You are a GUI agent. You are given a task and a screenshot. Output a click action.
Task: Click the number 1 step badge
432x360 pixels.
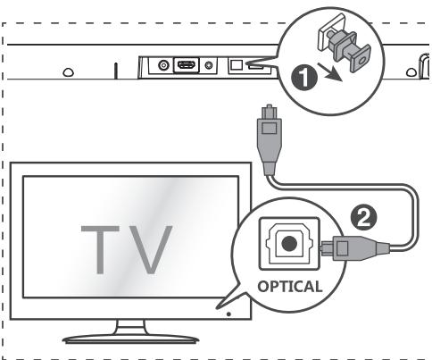pyautogui.click(x=304, y=78)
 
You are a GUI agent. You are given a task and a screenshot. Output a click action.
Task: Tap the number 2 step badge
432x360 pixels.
pyautogui.click(x=363, y=218)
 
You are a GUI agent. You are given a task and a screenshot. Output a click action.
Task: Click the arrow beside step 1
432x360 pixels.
pyautogui.click(x=329, y=72)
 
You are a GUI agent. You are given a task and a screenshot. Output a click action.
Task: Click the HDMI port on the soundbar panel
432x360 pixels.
pyautogui.click(x=187, y=65)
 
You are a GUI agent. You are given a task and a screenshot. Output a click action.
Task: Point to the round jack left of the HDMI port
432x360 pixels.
pyautogui.click(x=163, y=65)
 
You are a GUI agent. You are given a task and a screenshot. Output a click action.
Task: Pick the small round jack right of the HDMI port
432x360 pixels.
pyautogui.click(x=209, y=65)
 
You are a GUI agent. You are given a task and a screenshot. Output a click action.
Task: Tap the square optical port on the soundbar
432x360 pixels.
pyautogui.click(x=237, y=64)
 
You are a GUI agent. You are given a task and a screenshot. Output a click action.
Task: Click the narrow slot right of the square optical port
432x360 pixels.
pyautogui.click(x=256, y=67)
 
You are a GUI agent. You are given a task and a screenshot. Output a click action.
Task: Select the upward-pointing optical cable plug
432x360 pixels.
pyautogui.click(x=269, y=138)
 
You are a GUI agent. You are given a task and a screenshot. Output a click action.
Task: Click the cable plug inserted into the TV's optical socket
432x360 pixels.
pyautogui.click(x=355, y=247)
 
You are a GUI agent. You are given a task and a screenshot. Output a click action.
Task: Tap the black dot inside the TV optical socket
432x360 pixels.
pyautogui.click(x=289, y=244)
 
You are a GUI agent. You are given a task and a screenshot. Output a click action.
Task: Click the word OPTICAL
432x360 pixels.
pyautogui.click(x=290, y=287)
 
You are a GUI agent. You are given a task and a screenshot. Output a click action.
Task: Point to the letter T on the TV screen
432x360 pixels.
pyautogui.click(x=100, y=249)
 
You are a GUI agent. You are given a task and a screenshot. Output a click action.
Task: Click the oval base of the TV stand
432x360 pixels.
pyautogui.click(x=130, y=339)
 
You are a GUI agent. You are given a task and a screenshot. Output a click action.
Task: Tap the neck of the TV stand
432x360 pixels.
pyautogui.click(x=131, y=327)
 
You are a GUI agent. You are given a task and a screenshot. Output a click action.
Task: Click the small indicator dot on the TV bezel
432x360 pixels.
pyautogui.click(x=228, y=314)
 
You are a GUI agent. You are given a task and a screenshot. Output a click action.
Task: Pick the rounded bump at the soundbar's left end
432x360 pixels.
pyautogui.click(x=69, y=72)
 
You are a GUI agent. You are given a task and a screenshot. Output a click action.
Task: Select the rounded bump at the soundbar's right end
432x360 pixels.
pyautogui.click(x=411, y=72)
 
